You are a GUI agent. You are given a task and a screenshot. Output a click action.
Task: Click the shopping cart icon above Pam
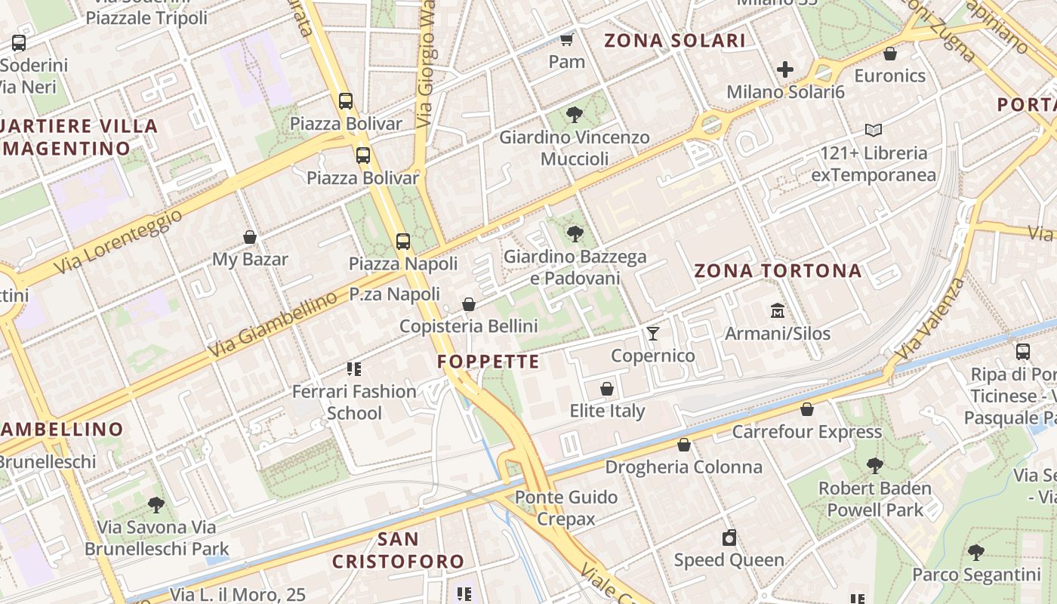click(566, 39)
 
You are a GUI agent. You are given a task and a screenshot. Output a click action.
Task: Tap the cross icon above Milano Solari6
click(785, 70)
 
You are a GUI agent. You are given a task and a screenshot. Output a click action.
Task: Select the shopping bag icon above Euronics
click(890, 54)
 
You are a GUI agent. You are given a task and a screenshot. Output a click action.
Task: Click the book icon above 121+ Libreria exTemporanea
click(874, 131)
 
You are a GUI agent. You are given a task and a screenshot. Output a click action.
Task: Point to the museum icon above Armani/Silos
click(778, 310)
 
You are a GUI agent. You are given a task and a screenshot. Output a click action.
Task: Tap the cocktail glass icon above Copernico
click(652, 333)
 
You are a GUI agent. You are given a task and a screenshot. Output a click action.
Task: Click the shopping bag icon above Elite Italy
click(606, 389)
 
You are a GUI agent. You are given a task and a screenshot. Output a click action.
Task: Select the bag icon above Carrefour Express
click(807, 409)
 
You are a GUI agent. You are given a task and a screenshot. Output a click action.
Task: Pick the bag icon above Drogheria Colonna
click(683, 445)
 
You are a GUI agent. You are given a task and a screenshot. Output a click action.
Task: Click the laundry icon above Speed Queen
click(729, 538)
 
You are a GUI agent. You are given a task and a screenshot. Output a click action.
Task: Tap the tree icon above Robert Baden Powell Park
click(874, 465)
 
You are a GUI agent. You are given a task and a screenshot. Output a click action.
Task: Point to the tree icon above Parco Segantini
click(976, 552)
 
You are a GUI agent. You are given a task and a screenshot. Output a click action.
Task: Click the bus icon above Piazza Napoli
click(403, 242)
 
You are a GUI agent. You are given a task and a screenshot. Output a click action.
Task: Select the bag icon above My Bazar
click(250, 237)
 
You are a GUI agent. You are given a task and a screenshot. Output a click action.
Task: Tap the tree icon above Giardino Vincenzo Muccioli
click(575, 115)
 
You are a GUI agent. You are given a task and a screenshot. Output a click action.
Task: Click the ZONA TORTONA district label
click(778, 271)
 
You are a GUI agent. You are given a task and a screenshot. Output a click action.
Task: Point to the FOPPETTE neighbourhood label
click(488, 362)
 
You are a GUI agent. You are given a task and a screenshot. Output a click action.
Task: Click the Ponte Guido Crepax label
click(566, 508)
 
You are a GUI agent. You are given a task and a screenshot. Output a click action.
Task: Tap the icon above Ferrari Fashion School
click(354, 369)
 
